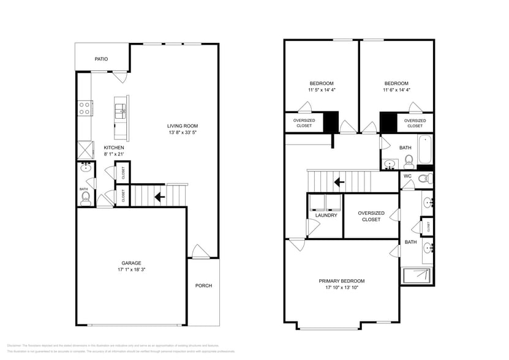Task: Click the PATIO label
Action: pyautogui.click(x=101, y=59)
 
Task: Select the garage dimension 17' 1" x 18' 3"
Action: pyautogui.click(x=131, y=269)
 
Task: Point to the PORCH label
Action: pyautogui.click(x=203, y=285)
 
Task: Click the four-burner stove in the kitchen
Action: pyautogui.click(x=85, y=108)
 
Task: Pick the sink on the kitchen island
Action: pyautogui.click(x=121, y=111)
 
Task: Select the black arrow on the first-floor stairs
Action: pyautogui.click(x=159, y=197)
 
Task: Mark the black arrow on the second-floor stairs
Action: pyautogui.click(x=338, y=182)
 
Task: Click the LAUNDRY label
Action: pyautogui.click(x=326, y=216)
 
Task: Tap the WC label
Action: pyautogui.click(x=407, y=176)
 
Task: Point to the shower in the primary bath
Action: pyautogui.click(x=417, y=276)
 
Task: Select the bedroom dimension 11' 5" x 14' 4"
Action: pyautogui.click(x=322, y=90)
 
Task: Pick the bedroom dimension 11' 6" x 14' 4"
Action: pyautogui.click(x=396, y=90)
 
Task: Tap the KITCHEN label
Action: pyautogui.click(x=114, y=148)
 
